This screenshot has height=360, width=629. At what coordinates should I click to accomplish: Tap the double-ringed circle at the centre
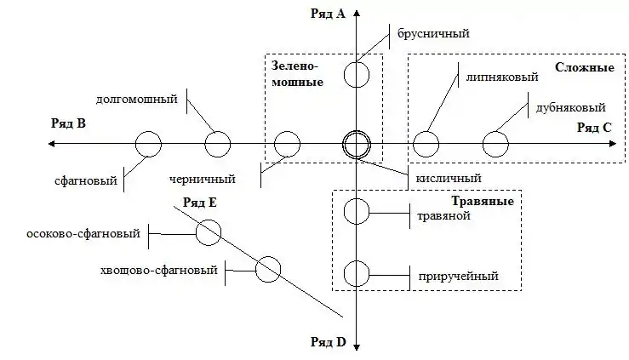tap(356, 145)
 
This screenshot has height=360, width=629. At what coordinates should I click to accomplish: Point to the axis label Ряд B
tap(68, 123)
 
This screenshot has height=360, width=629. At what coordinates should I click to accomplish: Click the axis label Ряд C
tap(593, 128)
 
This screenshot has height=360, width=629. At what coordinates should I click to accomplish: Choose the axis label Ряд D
tap(329, 342)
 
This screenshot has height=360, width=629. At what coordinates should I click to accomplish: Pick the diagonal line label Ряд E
tap(201, 202)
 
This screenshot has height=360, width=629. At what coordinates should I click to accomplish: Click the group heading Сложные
tap(585, 66)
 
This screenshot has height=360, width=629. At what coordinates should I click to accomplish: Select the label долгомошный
tap(137, 99)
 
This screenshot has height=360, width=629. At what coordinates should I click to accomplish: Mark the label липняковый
tap(501, 77)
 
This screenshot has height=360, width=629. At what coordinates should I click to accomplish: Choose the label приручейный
tap(458, 276)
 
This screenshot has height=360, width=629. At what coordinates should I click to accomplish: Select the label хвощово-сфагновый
tap(158, 271)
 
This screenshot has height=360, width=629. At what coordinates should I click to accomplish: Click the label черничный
tap(202, 180)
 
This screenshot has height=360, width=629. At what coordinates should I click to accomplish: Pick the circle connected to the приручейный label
tap(356, 274)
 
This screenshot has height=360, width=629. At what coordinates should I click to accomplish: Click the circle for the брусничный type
tap(356, 74)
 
